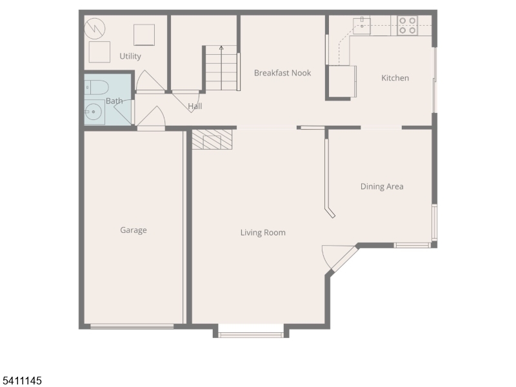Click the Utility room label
click(x=130, y=57)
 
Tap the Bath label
click(x=114, y=101)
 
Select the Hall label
click(x=195, y=106)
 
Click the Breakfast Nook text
click(x=283, y=73)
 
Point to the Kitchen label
click(x=395, y=78)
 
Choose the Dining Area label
click(x=382, y=186)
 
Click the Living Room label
click(x=263, y=233)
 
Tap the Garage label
click(x=134, y=230)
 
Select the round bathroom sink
click(x=94, y=113)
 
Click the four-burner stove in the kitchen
click(x=407, y=25)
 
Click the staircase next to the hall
click(x=221, y=69)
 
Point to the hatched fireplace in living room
click(x=212, y=139)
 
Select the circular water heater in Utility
click(x=95, y=28)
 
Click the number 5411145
click(x=21, y=381)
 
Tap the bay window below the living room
click(x=251, y=334)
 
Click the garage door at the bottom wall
click(x=132, y=326)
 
